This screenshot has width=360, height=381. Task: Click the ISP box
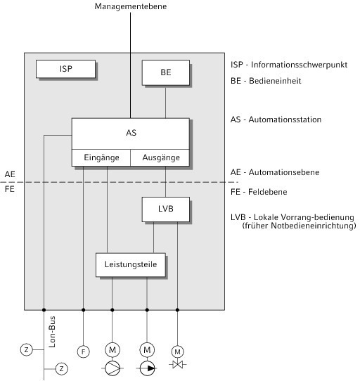click(x=65, y=69)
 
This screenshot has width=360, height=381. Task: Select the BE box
click(x=166, y=72)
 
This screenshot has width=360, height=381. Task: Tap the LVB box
click(x=166, y=209)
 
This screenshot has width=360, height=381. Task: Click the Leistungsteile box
click(x=131, y=265)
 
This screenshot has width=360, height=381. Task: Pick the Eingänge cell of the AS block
click(x=101, y=157)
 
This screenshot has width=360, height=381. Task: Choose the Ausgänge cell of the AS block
click(x=160, y=157)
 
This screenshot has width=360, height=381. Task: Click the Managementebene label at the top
click(x=131, y=6)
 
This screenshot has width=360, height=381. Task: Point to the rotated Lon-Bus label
click(x=52, y=332)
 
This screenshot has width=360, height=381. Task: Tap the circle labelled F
click(x=84, y=351)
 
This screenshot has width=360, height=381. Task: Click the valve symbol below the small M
click(x=177, y=364)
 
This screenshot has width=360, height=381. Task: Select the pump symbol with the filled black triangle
click(x=147, y=368)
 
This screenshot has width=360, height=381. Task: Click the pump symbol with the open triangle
click(x=112, y=368)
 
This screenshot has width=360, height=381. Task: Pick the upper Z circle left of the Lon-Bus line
click(x=26, y=349)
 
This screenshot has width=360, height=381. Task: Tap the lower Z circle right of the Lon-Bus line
click(x=61, y=369)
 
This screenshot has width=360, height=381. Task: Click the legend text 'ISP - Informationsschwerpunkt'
click(x=289, y=65)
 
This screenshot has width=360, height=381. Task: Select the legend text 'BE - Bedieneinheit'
click(x=266, y=81)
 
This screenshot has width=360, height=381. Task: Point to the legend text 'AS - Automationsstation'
click(x=276, y=120)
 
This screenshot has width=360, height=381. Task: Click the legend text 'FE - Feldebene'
click(x=259, y=192)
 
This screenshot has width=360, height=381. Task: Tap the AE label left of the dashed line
click(x=10, y=174)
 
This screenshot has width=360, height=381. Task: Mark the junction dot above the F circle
click(x=84, y=310)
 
